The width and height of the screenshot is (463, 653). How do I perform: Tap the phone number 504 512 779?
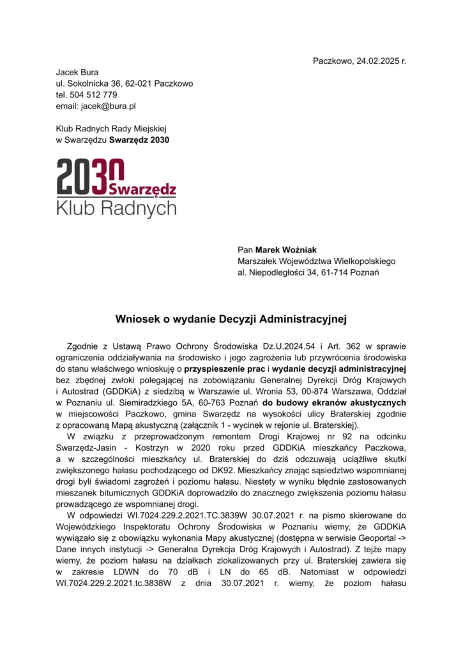click(x=93, y=95)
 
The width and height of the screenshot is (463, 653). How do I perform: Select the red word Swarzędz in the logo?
click(x=142, y=189)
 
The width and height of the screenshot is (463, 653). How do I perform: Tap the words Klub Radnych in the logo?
click(x=116, y=208)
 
